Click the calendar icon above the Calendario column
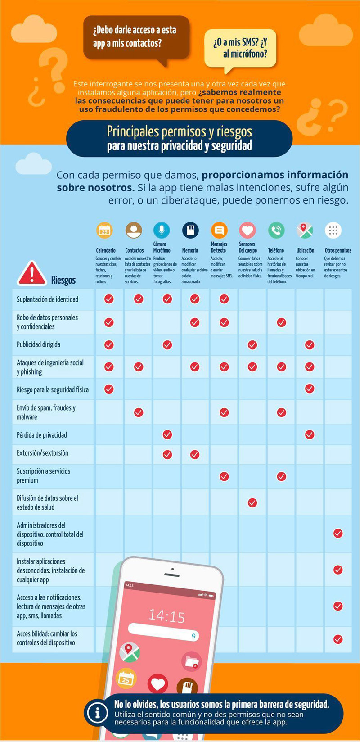point(104,231)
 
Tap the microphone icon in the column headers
point(162,230)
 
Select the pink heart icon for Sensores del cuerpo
point(247,231)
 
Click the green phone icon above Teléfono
point(276,231)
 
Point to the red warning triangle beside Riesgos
point(31,274)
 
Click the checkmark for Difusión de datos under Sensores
point(252,502)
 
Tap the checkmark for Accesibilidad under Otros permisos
point(338,638)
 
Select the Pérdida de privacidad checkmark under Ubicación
point(310,434)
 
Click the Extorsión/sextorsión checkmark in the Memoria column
point(195,454)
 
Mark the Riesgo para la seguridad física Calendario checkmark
point(109,389)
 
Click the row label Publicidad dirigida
point(38,344)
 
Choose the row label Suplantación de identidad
point(47,299)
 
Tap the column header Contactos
point(134,250)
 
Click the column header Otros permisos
point(338,250)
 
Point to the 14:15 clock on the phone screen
point(166,615)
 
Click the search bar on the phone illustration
point(163,633)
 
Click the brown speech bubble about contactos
point(136,37)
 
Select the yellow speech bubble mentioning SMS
point(240,48)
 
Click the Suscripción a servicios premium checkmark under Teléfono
point(282,476)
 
